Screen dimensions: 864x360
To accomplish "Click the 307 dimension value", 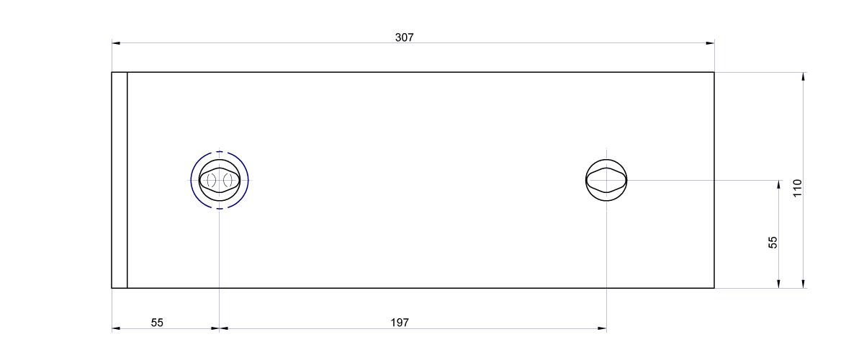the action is pos(404,37).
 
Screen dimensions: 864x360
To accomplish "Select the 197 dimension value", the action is pos(400,323).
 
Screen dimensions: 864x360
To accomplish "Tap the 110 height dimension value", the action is pos(798,188).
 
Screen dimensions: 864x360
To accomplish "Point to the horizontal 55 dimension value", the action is pos(157,323).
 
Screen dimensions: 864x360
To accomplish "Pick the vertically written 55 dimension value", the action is pos(773,243).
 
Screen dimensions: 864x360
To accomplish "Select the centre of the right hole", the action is pos(606,180).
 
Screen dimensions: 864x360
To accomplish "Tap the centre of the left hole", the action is pos(220,180).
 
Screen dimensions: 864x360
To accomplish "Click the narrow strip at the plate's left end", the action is pos(120,180).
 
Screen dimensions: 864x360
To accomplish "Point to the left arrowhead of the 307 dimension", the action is pos(116,42).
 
